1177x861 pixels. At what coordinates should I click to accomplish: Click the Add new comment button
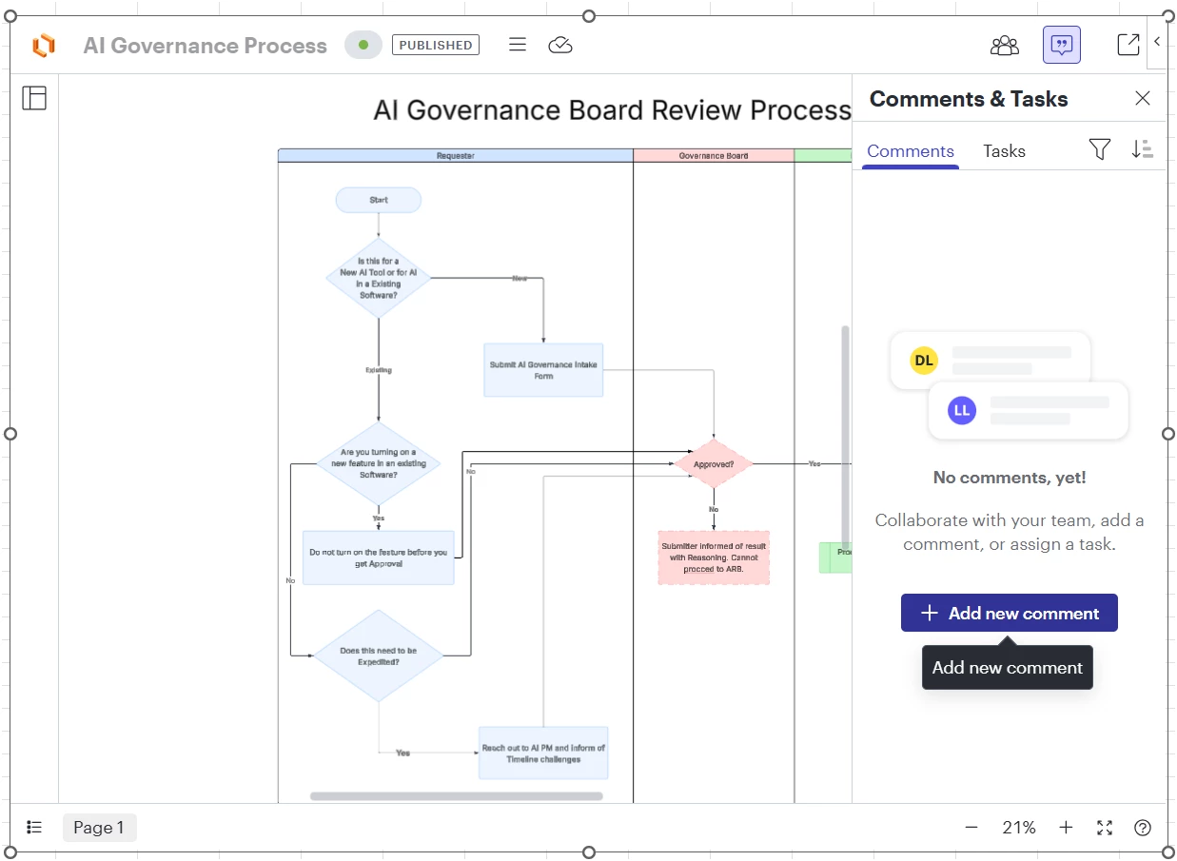tap(1009, 614)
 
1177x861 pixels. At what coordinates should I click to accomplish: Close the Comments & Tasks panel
tap(1143, 99)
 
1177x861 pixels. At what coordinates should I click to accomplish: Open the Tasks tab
tap(1004, 151)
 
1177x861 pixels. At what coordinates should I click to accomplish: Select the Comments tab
tap(910, 151)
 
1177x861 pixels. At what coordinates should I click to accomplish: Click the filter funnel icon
tap(1099, 149)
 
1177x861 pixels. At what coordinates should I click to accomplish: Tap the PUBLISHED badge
tap(435, 45)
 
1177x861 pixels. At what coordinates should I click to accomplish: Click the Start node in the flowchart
tap(378, 200)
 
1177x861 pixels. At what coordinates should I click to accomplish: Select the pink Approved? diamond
tap(714, 464)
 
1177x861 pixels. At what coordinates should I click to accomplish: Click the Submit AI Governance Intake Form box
tap(543, 370)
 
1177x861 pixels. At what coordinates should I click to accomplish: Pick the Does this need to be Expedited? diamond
tap(378, 656)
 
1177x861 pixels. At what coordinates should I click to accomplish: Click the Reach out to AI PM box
tap(542, 753)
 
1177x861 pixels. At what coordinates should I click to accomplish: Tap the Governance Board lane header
tap(714, 155)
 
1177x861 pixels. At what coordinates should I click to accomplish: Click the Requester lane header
tap(455, 155)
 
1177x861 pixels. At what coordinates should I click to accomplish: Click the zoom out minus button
tap(971, 828)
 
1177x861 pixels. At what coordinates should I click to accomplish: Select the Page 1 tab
tap(99, 828)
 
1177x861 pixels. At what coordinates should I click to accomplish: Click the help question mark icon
tap(1143, 828)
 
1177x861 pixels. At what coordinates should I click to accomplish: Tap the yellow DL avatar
tap(923, 361)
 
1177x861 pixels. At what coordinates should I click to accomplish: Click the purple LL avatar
tap(962, 411)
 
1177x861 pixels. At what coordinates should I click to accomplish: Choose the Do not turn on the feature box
tap(378, 558)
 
